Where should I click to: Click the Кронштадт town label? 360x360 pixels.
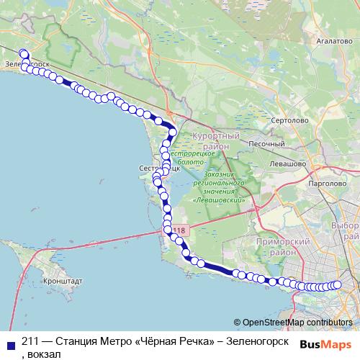click(x=63, y=282)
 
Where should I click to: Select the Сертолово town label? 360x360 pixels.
click(x=286, y=120)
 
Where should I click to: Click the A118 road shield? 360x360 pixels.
click(x=179, y=230)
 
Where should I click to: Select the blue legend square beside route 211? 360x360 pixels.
click(x=9, y=343)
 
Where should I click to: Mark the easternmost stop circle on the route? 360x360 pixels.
click(x=336, y=284)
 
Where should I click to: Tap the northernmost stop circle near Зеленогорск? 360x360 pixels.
click(x=23, y=53)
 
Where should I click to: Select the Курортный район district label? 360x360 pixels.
click(x=216, y=140)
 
